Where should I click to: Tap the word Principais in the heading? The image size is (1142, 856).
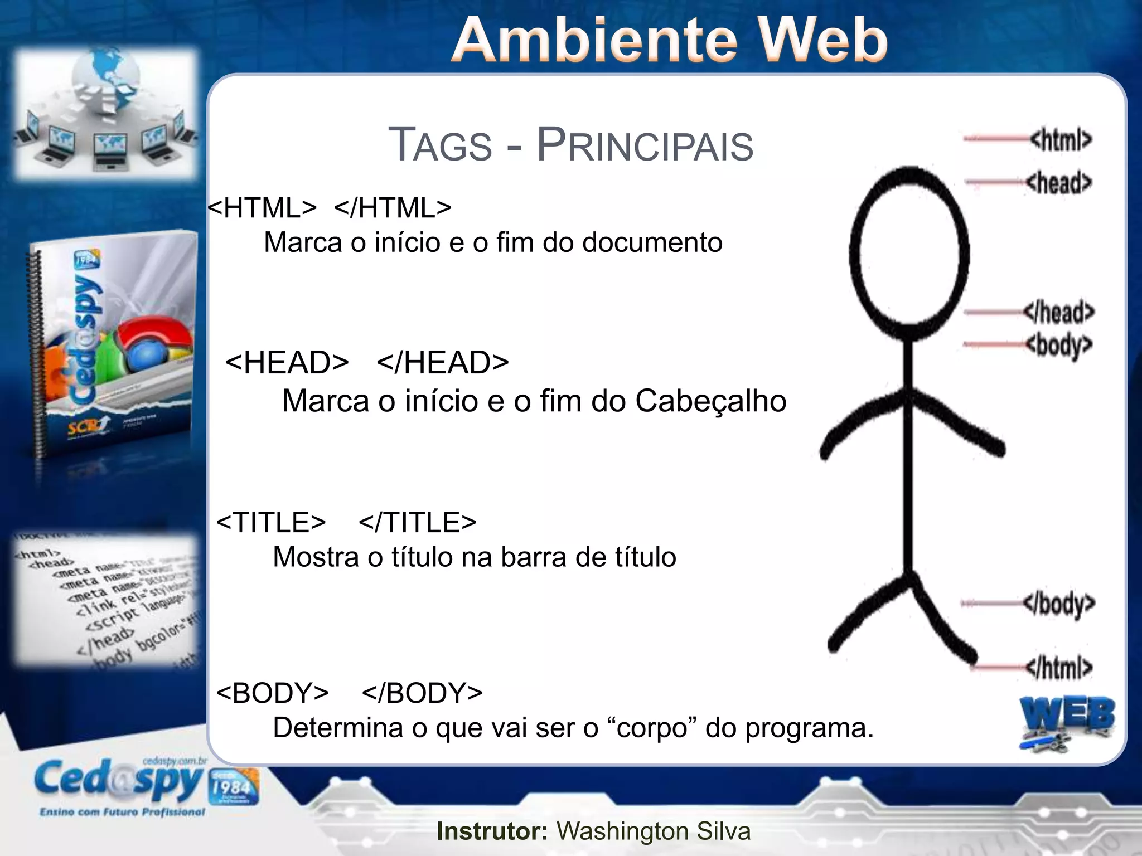click(645, 145)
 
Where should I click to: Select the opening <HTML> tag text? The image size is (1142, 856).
click(262, 208)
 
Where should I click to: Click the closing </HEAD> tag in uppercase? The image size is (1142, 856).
click(443, 363)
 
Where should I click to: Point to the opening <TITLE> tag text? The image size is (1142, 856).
click(271, 523)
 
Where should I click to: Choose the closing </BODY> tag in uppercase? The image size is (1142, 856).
click(422, 693)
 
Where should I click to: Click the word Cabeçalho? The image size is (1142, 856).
click(710, 401)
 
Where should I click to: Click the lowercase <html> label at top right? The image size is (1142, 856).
click(1061, 139)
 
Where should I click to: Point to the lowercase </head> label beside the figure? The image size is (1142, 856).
click(1058, 312)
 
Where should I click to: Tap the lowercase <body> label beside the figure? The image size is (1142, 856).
click(1058, 346)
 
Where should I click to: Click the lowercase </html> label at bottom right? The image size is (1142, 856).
click(1058, 667)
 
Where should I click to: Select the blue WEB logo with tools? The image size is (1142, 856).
click(1066, 722)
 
